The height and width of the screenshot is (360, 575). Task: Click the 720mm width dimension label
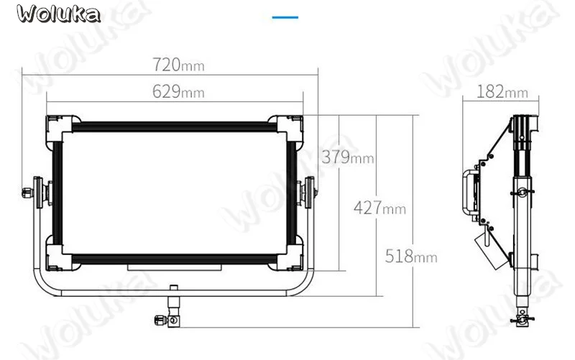coord(178,65)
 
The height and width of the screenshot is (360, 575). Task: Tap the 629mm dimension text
coord(178,91)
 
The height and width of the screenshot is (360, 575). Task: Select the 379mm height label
coord(348,157)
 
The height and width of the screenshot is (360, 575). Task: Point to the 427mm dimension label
coord(380,208)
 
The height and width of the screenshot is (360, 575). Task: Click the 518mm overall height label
coord(411,256)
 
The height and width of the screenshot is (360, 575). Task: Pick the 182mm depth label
coord(502,91)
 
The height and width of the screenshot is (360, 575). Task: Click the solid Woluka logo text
coord(58,14)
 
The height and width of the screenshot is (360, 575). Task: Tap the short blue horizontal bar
coord(285,17)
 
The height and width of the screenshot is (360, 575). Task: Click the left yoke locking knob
coord(28,192)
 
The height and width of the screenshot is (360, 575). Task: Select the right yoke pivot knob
coord(310,192)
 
